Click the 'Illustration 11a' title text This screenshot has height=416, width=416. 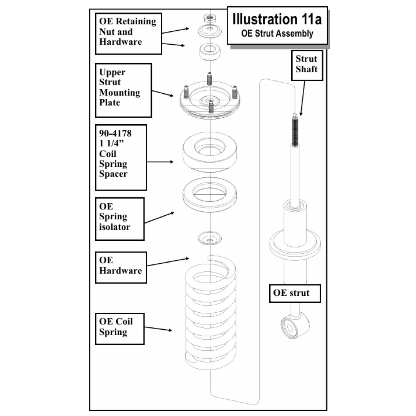(x=277, y=19)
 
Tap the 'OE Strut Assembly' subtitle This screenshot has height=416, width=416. (x=277, y=33)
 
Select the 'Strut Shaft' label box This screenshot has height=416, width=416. (x=307, y=65)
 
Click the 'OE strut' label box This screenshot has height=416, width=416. (x=295, y=293)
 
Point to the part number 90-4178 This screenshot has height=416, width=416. (x=115, y=133)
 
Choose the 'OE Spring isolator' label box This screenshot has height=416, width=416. (x=120, y=219)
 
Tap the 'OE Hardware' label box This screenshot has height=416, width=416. (x=121, y=267)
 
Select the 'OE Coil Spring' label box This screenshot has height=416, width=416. (x=120, y=329)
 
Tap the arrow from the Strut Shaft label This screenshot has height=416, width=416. (x=303, y=98)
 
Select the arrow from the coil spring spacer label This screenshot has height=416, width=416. (x=160, y=162)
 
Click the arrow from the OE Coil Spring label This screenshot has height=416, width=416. (x=158, y=329)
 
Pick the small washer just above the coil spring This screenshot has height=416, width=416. (x=210, y=238)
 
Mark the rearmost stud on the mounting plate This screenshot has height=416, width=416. (x=209, y=79)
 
